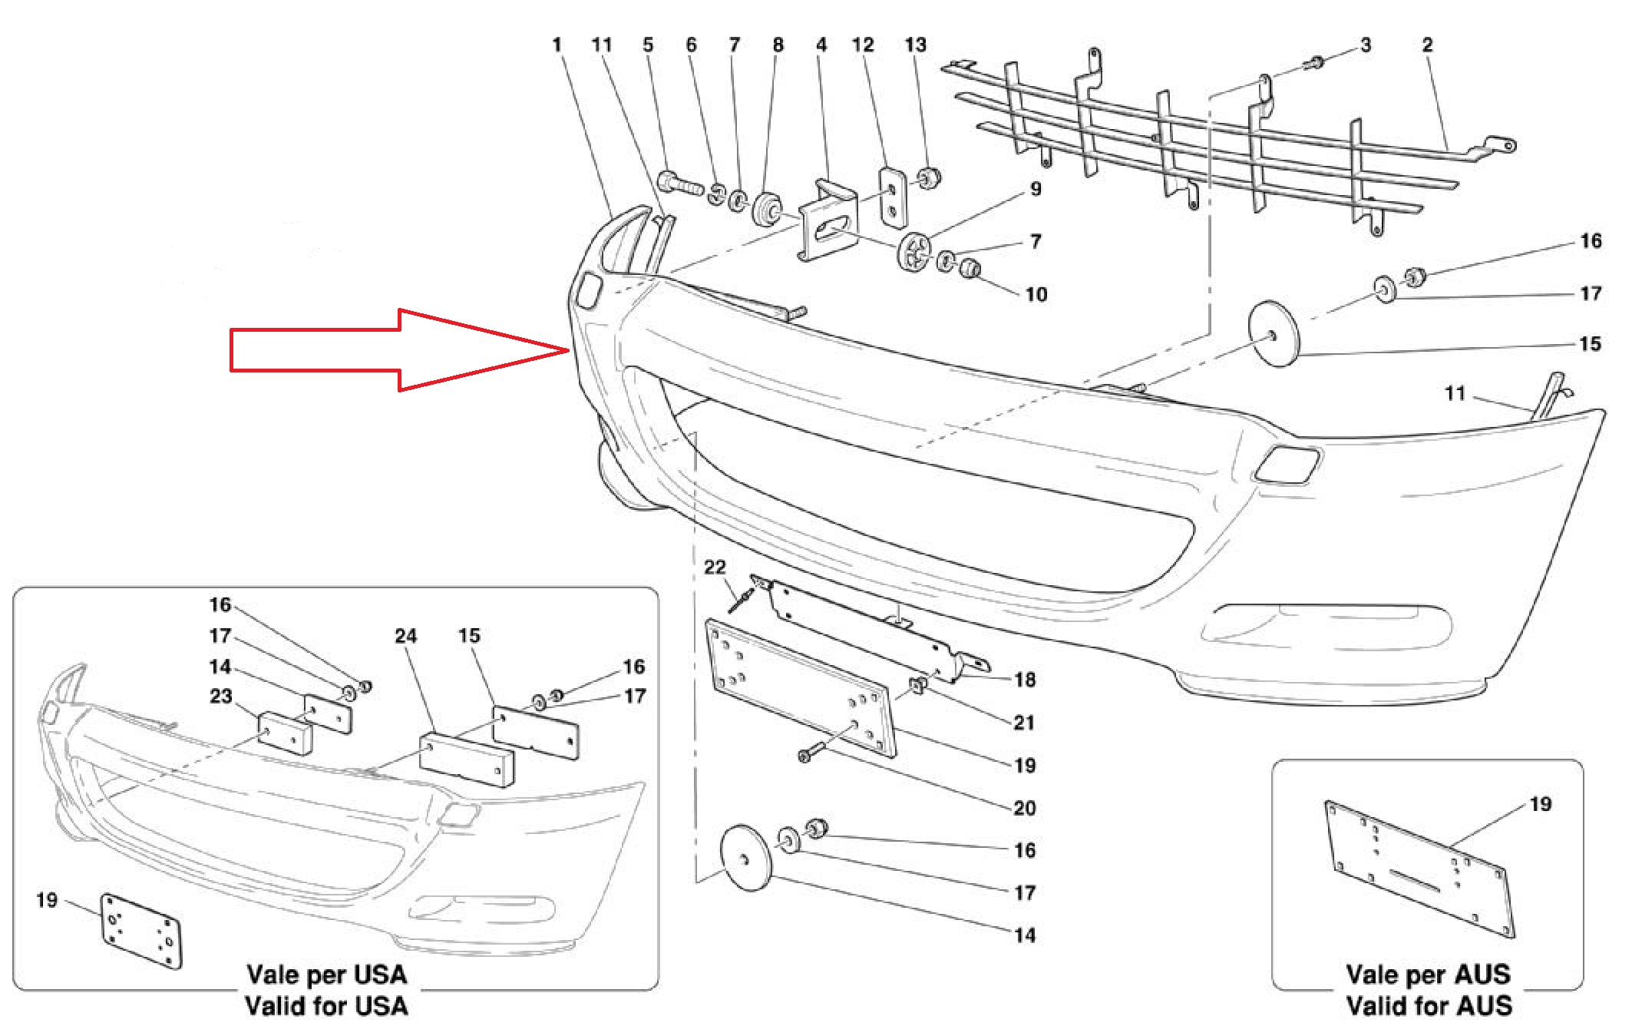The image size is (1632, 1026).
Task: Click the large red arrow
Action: tap(399, 350)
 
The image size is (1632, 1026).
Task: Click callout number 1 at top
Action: tap(557, 45)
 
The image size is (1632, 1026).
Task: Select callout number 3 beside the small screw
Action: tap(1366, 45)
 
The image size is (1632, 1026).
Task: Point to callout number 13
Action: tap(915, 45)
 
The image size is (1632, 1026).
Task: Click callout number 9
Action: tap(1036, 188)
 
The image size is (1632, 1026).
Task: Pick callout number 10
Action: tap(1036, 294)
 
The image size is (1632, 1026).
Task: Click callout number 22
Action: tap(715, 567)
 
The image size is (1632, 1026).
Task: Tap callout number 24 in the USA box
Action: tap(406, 636)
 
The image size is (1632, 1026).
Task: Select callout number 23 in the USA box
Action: tap(221, 696)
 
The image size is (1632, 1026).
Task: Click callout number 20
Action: tap(1025, 808)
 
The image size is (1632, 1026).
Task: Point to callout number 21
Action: tap(1024, 723)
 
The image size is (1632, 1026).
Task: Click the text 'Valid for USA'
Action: tap(327, 1005)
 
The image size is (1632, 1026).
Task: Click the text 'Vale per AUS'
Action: tap(1429, 975)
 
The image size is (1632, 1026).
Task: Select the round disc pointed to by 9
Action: tap(914, 250)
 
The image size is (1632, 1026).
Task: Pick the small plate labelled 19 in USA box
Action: tap(141, 932)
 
